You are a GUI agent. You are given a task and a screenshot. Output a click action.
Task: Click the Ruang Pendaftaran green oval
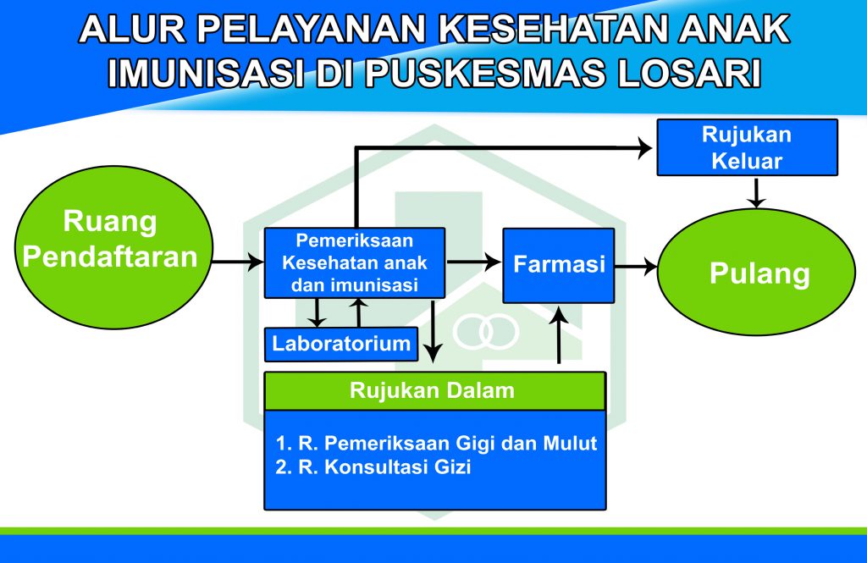(x=113, y=247)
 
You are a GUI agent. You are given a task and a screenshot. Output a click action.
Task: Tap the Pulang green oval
(x=756, y=272)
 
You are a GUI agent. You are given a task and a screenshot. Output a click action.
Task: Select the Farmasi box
(x=559, y=266)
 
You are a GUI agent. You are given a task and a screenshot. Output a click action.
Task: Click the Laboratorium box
(x=341, y=344)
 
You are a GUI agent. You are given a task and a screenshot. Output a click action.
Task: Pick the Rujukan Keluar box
(x=747, y=147)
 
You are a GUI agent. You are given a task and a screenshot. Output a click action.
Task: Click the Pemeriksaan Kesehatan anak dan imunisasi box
(x=355, y=262)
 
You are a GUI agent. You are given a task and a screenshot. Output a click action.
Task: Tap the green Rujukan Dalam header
(x=435, y=390)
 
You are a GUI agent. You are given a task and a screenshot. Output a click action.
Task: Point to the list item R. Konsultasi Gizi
(x=373, y=467)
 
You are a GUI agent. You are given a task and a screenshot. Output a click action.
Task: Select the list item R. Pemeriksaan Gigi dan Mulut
(x=436, y=443)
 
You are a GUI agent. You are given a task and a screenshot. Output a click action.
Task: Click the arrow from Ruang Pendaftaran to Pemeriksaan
(x=238, y=262)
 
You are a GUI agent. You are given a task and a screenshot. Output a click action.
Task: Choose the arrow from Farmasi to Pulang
(x=636, y=268)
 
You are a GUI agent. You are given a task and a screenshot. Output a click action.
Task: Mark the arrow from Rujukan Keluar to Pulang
(x=756, y=192)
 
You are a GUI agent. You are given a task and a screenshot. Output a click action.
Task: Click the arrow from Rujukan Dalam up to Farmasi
(x=560, y=334)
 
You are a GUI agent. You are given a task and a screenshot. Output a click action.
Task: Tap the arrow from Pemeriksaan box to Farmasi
(x=474, y=262)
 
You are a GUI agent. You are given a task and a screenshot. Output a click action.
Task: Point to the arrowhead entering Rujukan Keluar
(x=645, y=147)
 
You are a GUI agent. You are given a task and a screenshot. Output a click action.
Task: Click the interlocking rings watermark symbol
(x=486, y=332)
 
